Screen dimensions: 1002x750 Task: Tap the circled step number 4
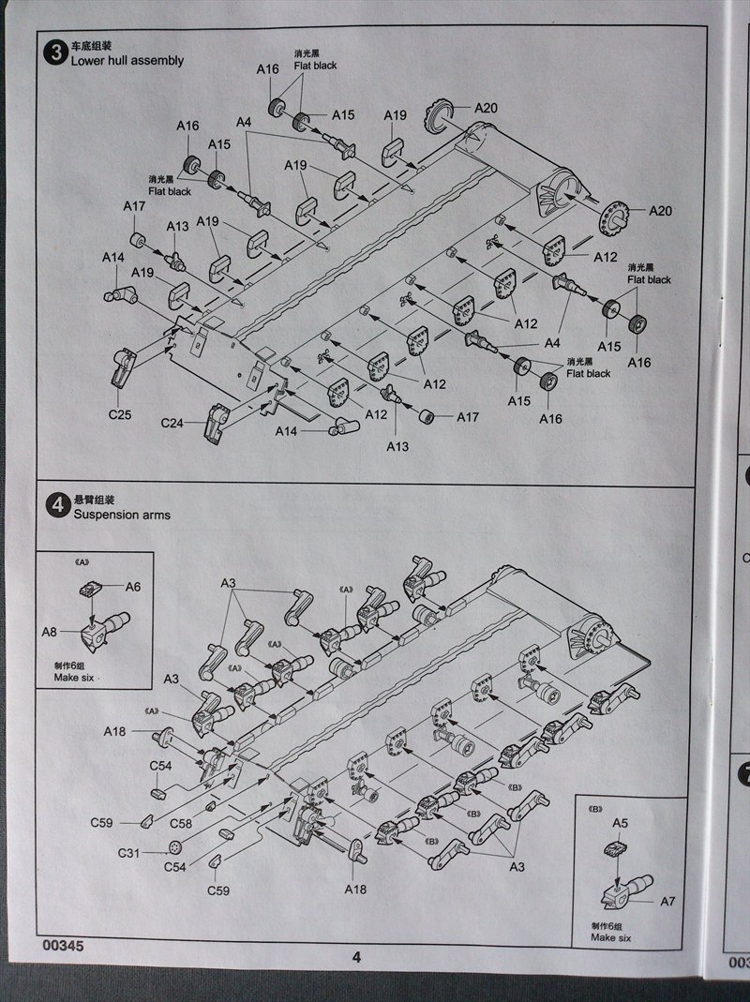(54, 507)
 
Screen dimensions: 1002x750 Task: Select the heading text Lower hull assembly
(127, 61)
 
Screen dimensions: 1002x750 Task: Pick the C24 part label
(172, 423)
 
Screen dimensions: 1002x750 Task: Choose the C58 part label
(182, 822)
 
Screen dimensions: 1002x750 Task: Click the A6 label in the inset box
(133, 586)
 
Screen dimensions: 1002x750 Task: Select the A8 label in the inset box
(49, 632)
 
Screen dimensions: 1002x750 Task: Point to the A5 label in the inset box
(620, 822)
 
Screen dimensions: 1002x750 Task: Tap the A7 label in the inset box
(667, 902)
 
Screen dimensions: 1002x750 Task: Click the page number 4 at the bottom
(356, 957)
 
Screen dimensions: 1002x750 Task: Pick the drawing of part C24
(217, 422)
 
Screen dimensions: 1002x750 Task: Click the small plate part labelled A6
(91, 589)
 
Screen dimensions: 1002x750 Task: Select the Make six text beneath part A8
(74, 676)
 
